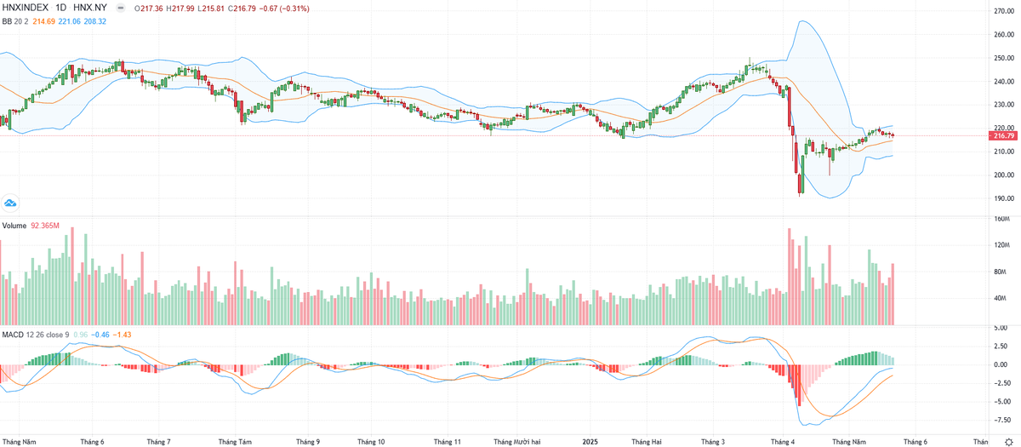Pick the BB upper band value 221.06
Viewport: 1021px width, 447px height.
[71, 20]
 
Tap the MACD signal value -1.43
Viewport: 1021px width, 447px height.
[124, 334]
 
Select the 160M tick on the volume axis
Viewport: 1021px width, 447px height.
[1001, 219]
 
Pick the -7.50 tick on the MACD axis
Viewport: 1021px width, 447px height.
[1002, 419]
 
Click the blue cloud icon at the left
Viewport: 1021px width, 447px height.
[10, 203]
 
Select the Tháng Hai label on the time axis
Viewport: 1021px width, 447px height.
[646, 442]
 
